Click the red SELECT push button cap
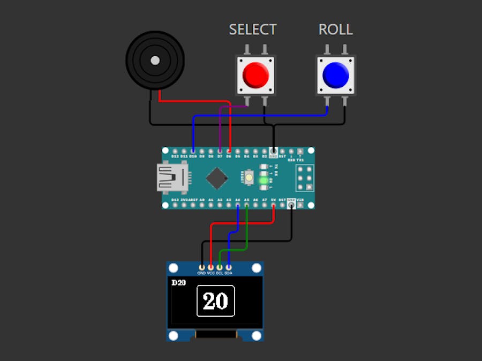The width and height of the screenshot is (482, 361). point(255,75)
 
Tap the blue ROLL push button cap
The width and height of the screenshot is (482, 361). point(336,75)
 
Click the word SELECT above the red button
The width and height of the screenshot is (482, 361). point(253,29)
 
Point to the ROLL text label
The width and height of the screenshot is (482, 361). point(336,29)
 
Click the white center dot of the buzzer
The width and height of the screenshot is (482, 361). point(155,60)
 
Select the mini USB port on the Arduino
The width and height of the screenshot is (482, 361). point(172,177)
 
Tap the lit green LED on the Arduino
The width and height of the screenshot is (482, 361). point(264,181)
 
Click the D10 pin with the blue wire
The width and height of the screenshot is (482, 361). point(193,152)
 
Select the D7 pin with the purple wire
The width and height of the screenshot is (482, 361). point(220,152)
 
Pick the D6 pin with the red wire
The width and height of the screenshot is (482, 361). point(229,152)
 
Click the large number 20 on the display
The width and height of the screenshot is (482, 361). point(216,301)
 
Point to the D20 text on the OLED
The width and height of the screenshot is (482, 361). point(178,283)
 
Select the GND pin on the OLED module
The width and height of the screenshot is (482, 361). point(201,267)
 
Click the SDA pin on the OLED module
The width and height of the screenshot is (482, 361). point(229,267)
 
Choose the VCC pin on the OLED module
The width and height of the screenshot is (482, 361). point(210,267)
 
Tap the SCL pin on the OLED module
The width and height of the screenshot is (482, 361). point(220,267)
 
